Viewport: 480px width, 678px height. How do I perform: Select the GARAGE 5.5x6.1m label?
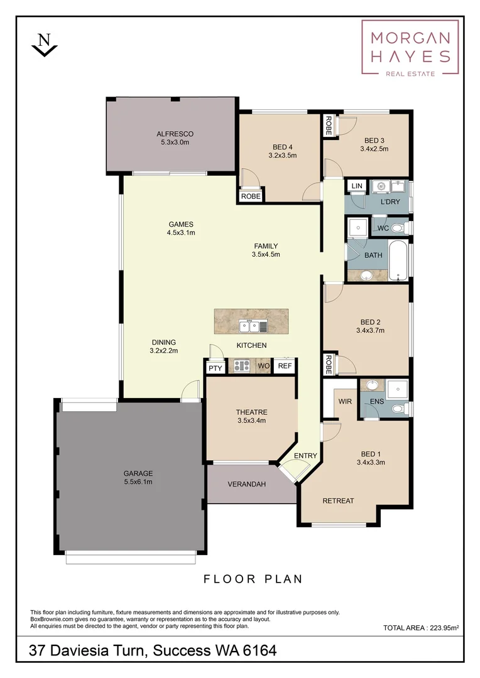click(138, 478)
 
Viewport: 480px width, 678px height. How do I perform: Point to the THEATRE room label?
click(251, 416)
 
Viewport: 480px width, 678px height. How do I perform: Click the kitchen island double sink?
click(253, 326)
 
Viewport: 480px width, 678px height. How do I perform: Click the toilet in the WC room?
click(403, 226)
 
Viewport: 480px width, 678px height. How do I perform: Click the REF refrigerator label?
click(285, 366)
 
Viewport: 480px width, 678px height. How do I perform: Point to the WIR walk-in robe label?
click(344, 401)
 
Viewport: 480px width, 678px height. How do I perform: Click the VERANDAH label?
click(247, 484)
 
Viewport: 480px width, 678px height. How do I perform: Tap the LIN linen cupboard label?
click(357, 186)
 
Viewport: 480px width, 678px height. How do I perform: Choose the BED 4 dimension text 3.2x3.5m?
click(282, 155)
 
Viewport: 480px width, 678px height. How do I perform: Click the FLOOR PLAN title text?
click(253, 579)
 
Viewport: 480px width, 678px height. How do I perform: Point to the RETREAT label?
click(338, 500)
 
